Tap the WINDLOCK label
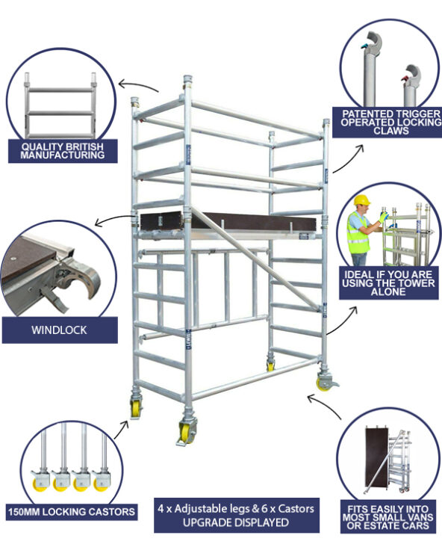[59, 329]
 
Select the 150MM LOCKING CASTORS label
[72, 511]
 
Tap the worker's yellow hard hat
[362, 200]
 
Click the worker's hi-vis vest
[359, 233]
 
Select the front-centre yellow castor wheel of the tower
[185, 433]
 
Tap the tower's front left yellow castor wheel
[136, 407]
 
